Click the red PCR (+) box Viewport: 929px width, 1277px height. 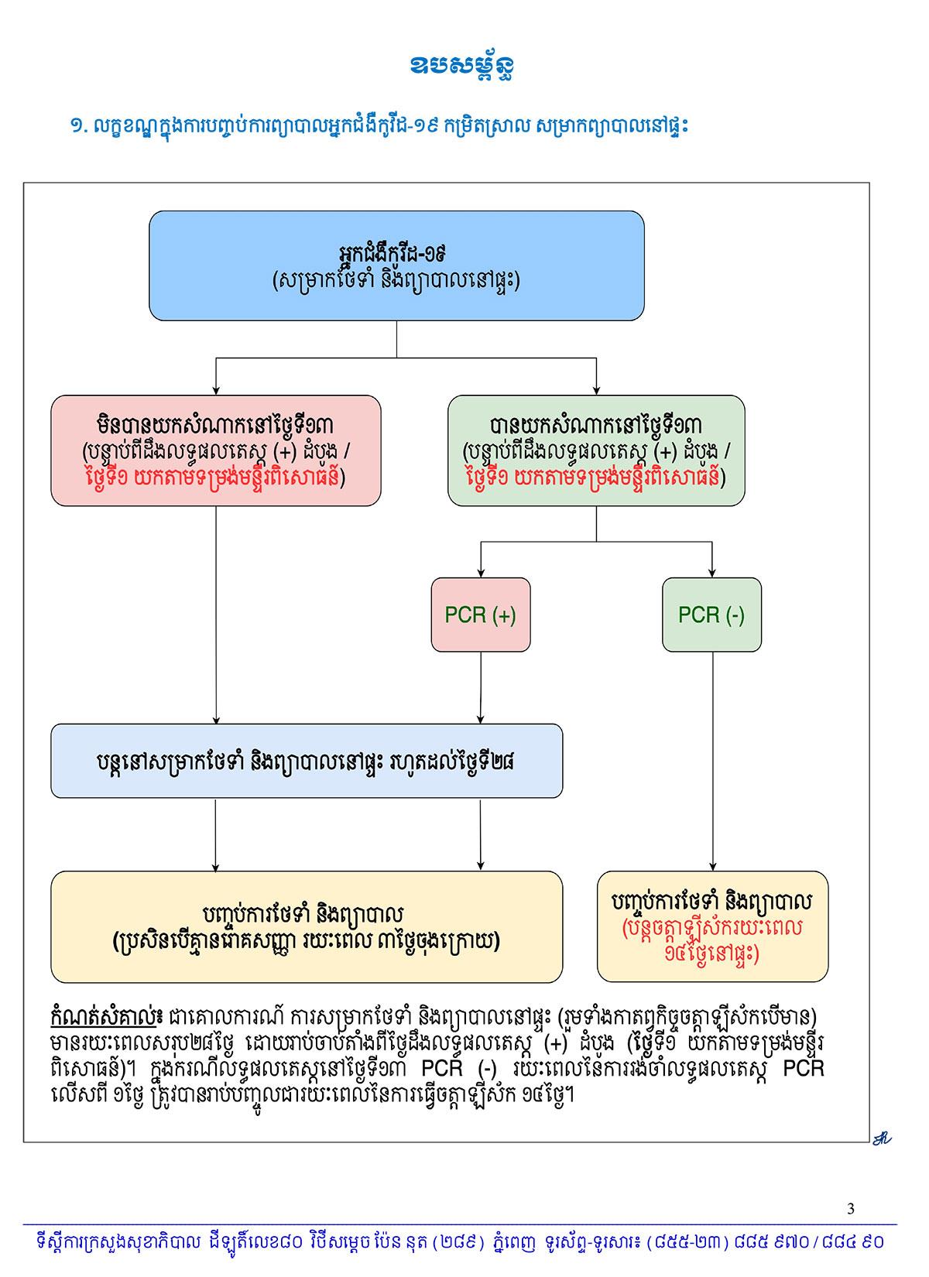pos(481,615)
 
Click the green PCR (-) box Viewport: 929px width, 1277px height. pos(711,615)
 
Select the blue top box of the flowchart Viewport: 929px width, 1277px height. pos(396,265)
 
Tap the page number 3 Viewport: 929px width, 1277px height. pos(852,1209)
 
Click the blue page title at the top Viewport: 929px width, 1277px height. pos(462,67)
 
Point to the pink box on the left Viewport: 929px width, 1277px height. pos(216,450)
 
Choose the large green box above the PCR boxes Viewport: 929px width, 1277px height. pos(596,450)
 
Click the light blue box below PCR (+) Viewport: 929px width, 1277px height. pos(307,761)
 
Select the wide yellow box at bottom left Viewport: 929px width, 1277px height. pos(307,926)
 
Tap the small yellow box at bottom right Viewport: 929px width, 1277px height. pos(712,926)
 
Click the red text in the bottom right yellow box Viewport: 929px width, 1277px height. pos(712,940)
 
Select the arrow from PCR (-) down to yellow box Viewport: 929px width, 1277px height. pos(712,762)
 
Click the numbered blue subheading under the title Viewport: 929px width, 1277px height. pos(379,125)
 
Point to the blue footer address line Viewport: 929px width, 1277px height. pos(460,1243)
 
